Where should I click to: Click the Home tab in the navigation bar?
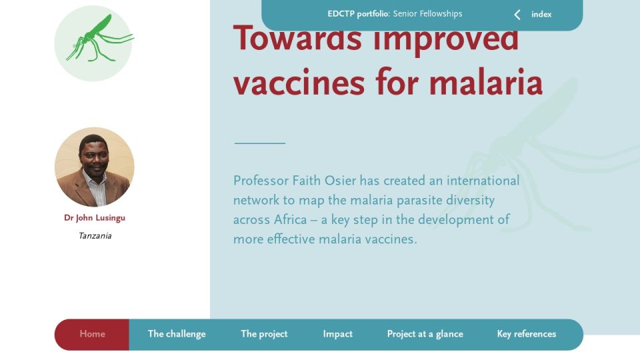coord(92,334)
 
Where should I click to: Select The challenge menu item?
coord(177,334)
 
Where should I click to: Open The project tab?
coord(264,334)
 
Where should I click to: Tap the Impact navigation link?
coord(337,334)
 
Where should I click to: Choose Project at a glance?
coord(425,334)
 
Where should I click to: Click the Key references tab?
coord(527,334)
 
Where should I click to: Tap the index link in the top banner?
coord(541,14)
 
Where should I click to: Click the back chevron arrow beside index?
coord(517,15)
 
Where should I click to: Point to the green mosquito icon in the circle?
coord(100,39)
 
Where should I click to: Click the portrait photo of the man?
coord(94,167)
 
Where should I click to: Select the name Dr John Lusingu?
coord(95,218)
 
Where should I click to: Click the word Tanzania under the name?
coord(95,236)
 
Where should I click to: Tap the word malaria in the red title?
coord(486,83)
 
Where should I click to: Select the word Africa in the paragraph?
coord(290,219)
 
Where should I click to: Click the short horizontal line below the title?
coord(259,143)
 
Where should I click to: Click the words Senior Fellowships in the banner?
coord(428,14)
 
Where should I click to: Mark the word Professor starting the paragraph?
coord(261,181)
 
